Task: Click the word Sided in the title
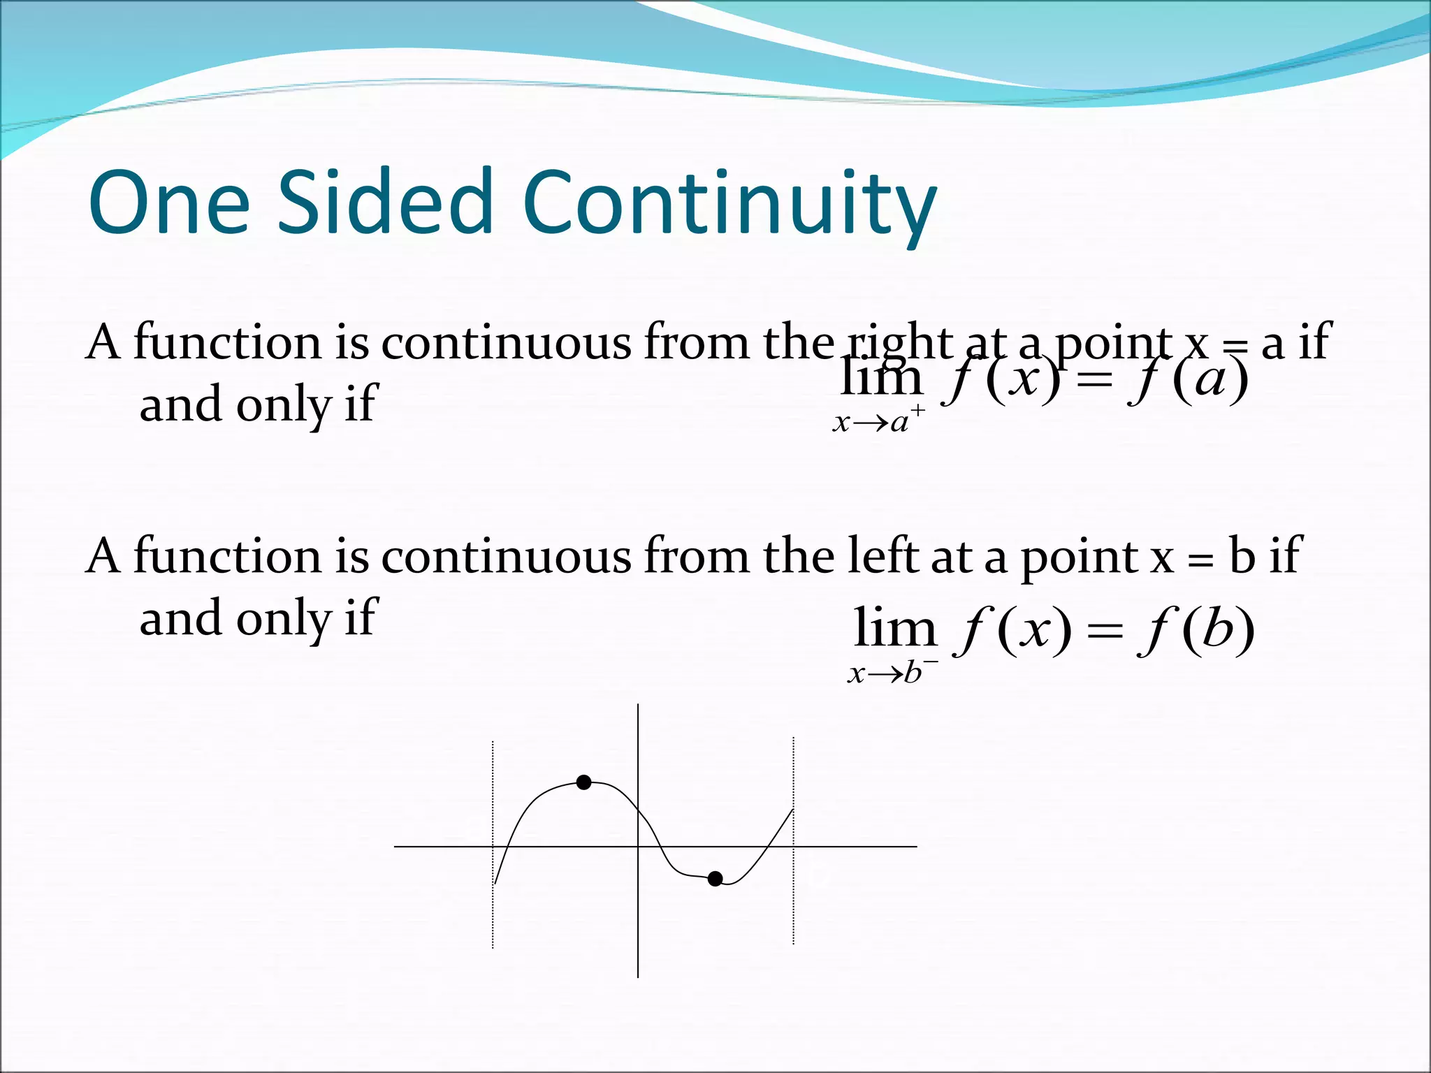(x=385, y=203)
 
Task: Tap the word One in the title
(x=168, y=203)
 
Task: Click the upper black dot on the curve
(x=584, y=782)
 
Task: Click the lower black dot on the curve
(x=715, y=879)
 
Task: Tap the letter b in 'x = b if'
(x=1242, y=556)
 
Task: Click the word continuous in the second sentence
(x=506, y=556)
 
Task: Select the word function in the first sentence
(x=227, y=342)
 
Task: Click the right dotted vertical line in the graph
(x=793, y=908)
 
